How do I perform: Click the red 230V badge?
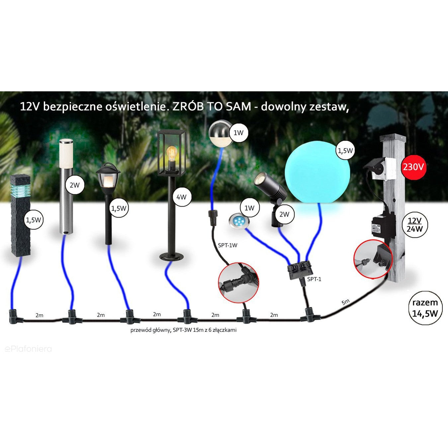[x=413, y=167]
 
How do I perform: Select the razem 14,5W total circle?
[x=425, y=308]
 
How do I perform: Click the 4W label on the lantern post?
[x=181, y=197]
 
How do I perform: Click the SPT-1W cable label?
[x=227, y=245]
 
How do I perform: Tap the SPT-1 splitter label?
[x=314, y=279]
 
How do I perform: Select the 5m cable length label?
[x=345, y=302]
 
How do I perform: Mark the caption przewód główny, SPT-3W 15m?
[x=183, y=330]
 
